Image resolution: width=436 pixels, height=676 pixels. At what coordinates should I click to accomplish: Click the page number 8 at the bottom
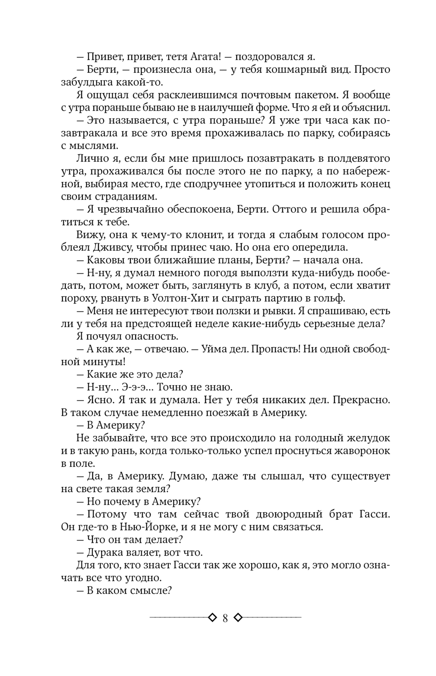(225, 618)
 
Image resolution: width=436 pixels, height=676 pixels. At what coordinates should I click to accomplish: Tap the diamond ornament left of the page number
(212, 617)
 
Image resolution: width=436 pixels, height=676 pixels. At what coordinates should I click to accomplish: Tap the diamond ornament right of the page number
(238, 617)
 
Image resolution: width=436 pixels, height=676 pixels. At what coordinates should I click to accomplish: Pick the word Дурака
(104, 553)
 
